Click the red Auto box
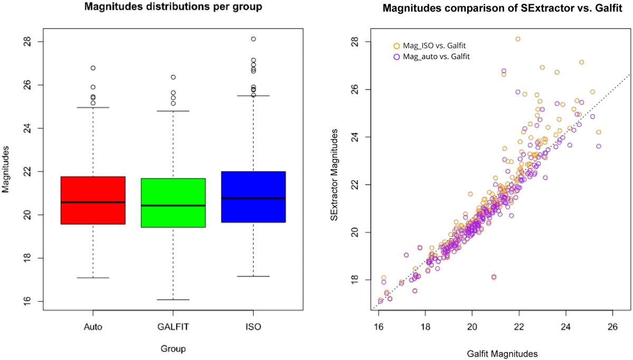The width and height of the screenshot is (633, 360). point(93,200)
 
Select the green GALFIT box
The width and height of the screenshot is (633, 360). point(173,203)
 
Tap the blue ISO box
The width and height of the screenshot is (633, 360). point(254,197)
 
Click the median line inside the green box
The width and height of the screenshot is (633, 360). point(173,205)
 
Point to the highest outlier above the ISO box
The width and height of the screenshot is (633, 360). point(254,39)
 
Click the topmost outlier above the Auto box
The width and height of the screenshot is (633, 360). point(93,68)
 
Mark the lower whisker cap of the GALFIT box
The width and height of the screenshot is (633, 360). point(173,299)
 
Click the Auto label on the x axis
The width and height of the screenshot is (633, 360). point(93,327)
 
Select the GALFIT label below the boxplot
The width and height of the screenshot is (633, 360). point(173,327)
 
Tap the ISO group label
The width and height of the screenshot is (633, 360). point(254,327)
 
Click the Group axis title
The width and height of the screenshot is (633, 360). point(173,349)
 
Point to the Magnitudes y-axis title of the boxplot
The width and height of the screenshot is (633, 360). point(6,169)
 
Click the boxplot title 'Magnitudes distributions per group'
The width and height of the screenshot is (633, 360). point(173,6)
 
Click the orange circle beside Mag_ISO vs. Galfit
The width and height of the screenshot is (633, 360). point(397,46)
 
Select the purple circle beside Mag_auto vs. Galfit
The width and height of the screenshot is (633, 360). point(397,57)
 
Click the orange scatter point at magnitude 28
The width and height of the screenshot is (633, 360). point(517,39)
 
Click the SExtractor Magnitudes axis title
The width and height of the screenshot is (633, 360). point(334,175)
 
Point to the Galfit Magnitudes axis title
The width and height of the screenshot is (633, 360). point(502,354)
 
